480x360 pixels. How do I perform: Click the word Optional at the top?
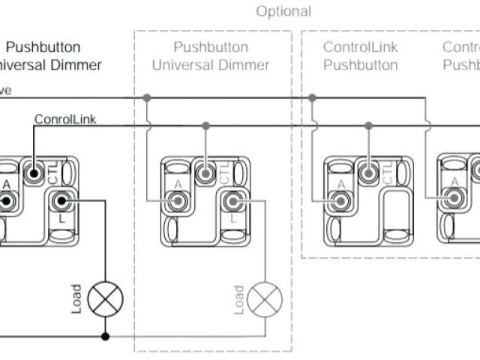tap(283, 12)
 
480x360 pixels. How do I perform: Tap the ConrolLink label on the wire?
tap(65, 118)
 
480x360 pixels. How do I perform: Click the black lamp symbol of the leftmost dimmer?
tap(105, 300)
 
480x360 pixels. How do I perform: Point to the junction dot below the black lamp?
tap(105, 337)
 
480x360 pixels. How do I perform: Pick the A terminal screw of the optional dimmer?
tap(178, 201)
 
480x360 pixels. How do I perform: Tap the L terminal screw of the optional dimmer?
tap(232, 201)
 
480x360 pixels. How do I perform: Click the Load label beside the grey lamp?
tap(238, 299)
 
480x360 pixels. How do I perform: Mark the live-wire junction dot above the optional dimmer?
tap(147, 97)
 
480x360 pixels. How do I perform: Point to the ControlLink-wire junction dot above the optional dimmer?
tap(205, 125)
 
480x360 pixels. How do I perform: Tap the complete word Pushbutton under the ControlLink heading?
tap(361, 65)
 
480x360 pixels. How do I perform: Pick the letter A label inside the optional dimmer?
tap(178, 184)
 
